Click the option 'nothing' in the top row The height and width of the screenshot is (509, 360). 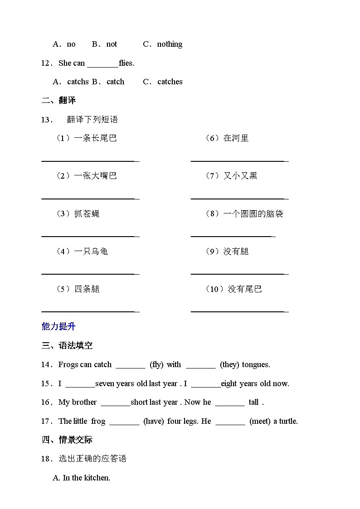(x=170, y=44)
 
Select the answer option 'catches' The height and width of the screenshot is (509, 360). (x=170, y=82)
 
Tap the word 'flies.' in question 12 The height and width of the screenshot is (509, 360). (x=126, y=63)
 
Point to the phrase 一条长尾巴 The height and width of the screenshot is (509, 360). (x=95, y=138)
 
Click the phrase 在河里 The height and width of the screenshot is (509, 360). (x=236, y=138)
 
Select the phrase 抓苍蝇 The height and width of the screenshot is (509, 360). (x=87, y=213)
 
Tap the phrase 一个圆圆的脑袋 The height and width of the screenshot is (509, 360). (x=253, y=213)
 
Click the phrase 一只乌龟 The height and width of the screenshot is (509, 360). (x=91, y=251)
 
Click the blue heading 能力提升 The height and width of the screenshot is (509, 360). (x=58, y=326)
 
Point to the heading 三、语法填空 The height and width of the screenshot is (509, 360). (x=67, y=345)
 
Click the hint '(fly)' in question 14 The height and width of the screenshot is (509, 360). (x=156, y=364)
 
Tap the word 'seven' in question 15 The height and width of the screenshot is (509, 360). (x=105, y=383)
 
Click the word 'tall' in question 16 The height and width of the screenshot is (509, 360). (x=253, y=402)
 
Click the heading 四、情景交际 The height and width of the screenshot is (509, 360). (x=67, y=440)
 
